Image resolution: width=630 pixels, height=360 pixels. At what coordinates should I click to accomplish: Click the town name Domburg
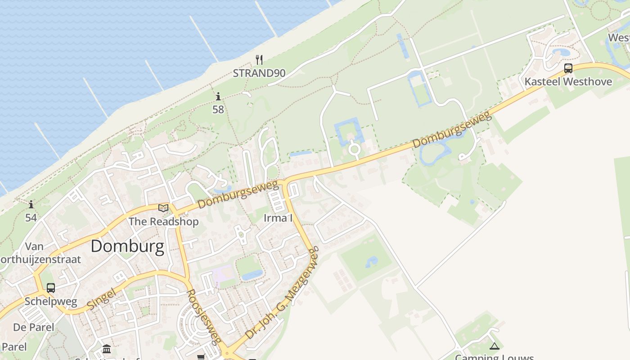(x=127, y=247)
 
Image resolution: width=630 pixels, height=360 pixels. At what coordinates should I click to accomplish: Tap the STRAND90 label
(x=259, y=73)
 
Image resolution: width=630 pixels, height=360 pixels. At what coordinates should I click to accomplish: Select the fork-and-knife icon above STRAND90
(x=259, y=59)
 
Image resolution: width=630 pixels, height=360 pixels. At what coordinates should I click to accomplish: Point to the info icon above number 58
(x=218, y=96)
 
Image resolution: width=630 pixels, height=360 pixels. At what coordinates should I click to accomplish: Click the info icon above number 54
(x=31, y=205)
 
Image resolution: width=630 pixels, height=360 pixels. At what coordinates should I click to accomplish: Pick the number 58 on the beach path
(x=218, y=109)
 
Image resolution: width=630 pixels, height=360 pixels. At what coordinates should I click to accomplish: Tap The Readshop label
(x=163, y=221)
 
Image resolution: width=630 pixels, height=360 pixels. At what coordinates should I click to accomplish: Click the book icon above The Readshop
(x=163, y=208)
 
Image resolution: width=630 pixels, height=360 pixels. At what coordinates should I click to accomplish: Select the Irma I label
(x=278, y=218)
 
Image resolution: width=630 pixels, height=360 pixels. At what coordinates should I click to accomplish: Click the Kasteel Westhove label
(x=568, y=81)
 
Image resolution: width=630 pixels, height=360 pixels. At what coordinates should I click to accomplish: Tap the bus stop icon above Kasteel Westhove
(x=568, y=68)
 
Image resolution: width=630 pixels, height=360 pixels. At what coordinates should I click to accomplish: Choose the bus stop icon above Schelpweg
(x=51, y=288)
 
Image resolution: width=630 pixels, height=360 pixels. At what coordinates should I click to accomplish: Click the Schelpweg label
(x=51, y=301)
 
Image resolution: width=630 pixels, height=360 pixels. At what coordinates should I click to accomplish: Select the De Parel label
(x=33, y=327)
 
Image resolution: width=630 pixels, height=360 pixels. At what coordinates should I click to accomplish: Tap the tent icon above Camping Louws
(x=495, y=346)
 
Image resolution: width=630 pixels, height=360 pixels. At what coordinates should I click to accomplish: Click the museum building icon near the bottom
(x=107, y=349)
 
